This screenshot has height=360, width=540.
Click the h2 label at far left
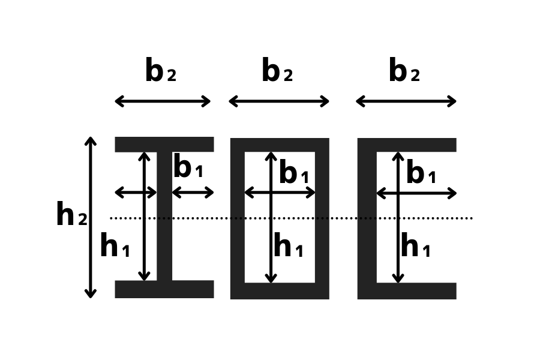71,215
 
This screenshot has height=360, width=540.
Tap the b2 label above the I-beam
160,72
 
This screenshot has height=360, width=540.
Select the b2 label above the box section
277,72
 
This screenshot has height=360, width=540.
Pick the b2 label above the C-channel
404,72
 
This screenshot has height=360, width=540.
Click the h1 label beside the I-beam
115,247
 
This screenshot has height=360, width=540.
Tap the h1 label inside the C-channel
415,247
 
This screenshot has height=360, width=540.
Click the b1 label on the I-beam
188,168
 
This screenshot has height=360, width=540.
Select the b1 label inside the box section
293,174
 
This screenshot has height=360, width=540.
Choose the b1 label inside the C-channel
421,174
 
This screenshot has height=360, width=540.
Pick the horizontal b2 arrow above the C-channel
406,101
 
